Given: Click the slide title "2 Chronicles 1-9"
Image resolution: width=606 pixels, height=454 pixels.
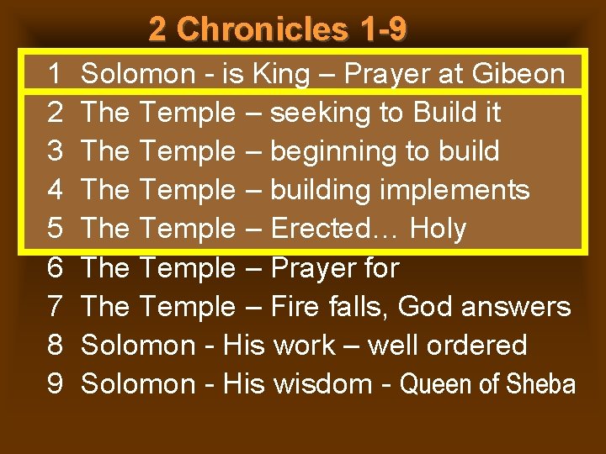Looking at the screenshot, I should coord(278,29).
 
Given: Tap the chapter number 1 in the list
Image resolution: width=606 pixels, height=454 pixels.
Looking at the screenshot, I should coord(55,74).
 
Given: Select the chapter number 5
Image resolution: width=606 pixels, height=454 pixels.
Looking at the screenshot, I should coord(55,229).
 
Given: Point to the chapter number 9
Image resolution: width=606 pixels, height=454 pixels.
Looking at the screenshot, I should coord(55,383).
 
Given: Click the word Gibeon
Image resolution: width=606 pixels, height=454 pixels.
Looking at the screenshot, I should coord(518,74).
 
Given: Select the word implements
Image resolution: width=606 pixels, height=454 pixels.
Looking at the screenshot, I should coord(454,190).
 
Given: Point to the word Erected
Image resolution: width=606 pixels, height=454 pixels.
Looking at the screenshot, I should coord(335,229).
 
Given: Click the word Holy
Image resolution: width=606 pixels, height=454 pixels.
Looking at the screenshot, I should coord(438,229).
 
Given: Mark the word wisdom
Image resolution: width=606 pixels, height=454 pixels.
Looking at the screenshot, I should coord(323,383).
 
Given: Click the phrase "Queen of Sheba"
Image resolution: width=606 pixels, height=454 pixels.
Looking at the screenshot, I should coord(487,384).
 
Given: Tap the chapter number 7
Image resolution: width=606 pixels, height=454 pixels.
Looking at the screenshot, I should coord(55,306).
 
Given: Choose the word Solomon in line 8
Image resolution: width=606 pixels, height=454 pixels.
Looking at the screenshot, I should coord(138,345).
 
